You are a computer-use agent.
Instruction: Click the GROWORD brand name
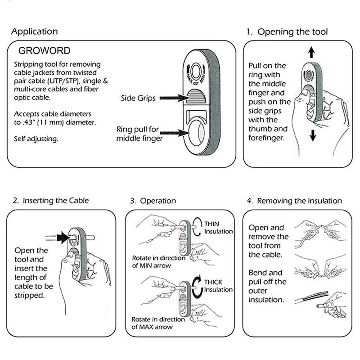click(44, 51)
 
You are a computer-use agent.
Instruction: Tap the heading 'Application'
click(35, 31)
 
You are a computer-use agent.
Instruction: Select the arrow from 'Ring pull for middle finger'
click(175, 133)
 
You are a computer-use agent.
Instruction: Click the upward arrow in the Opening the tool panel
click(311, 52)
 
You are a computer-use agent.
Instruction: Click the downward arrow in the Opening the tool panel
click(313, 135)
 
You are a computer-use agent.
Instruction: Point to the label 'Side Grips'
click(138, 98)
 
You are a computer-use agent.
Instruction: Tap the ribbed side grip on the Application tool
click(196, 96)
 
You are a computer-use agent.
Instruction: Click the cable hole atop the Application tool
click(196, 72)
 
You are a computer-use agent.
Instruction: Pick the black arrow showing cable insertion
click(64, 238)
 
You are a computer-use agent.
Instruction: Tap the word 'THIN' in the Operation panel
click(211, 224)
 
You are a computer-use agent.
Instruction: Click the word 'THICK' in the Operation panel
click(213, 282)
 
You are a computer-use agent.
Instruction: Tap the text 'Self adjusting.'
click(36, 139)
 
